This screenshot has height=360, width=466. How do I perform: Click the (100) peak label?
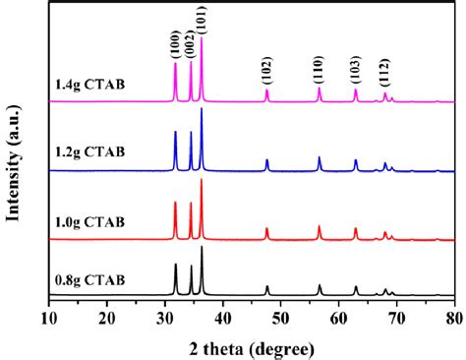click(x=176, y=44)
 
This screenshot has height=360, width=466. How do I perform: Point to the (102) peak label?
click(x=266, y=70)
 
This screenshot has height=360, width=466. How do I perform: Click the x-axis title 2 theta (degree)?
click(x=251, y=347)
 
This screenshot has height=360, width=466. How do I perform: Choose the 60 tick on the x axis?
click(x=338, y=317)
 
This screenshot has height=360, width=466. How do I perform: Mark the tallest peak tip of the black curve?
click(x=202, y=247)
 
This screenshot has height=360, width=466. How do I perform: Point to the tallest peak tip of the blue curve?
click(x=202, y=108)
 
